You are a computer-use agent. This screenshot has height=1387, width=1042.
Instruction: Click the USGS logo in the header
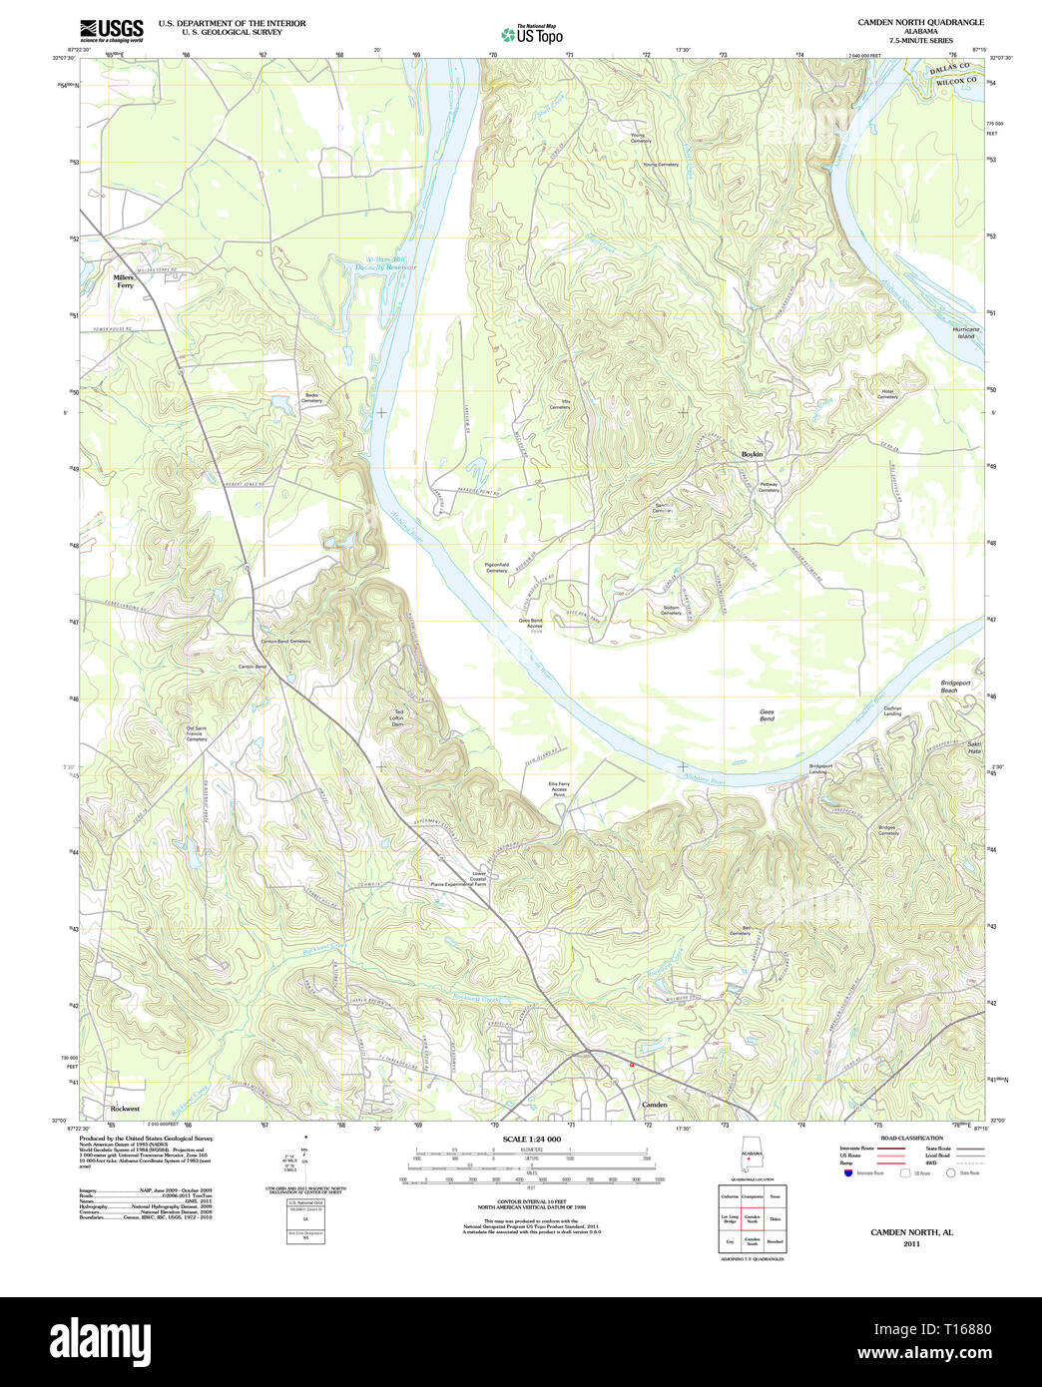[111, 29]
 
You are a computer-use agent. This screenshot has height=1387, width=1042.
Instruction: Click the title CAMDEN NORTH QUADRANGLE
[920, 22]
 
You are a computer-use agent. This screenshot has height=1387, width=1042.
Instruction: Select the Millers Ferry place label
[124, 281]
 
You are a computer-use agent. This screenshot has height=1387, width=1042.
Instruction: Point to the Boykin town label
[752, 454]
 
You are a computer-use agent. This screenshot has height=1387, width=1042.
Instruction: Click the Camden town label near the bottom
[654, 1105]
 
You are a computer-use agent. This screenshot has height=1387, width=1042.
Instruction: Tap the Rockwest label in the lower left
[125, 1109]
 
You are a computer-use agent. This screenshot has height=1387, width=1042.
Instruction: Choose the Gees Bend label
[766, 715]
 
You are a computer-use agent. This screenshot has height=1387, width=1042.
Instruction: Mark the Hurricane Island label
[965, 332]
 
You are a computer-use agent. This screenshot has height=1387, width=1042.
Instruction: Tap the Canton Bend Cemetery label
[285, 642]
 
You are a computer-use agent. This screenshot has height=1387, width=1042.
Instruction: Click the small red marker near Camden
[632, 1065]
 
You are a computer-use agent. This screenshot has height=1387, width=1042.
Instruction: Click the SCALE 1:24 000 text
[532, 1139]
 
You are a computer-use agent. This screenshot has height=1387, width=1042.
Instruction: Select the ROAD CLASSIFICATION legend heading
[911, 1138]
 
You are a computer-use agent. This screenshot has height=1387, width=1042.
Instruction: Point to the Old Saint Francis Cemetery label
[197, 733]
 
